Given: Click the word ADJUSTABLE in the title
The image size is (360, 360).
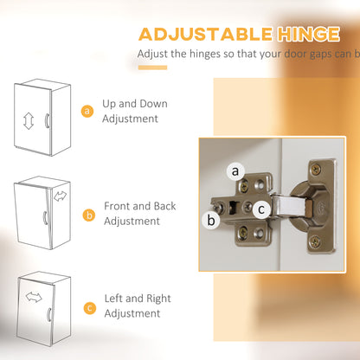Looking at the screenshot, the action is (x=205, y=35).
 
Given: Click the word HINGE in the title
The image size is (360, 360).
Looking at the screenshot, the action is (x=308, y=35).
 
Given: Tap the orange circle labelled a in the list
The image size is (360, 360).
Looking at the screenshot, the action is (x=87, y=111).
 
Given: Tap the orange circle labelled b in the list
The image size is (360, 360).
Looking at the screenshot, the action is (x=89, y=215).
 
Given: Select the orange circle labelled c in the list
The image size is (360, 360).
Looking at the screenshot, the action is (x=90, y=308).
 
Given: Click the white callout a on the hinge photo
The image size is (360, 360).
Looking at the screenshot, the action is (x=235, y=171).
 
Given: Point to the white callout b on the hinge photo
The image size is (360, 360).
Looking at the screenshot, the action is (x=211, y=221).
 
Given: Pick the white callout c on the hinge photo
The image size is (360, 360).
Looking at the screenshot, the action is (x=261, y=209).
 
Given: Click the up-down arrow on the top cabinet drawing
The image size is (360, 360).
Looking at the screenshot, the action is (x=29, y=121).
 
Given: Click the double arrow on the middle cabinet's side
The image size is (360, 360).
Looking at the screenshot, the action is (x=60, y=196).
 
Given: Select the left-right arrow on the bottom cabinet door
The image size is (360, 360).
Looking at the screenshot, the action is (x=34, y=297).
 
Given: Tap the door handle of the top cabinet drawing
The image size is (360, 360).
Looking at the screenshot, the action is (x=47, y=120).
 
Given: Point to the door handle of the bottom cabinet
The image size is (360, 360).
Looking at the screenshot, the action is (x=49, y=315).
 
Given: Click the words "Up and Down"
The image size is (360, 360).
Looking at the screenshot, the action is (x=135, y=104).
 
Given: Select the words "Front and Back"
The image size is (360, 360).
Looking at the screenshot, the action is (x=140, y=206).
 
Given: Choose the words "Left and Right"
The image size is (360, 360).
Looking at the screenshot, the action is (x=138, y=299).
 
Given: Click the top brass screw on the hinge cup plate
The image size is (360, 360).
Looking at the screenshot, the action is (x=317, y=170).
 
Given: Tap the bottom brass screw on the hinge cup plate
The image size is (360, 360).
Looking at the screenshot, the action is (x=315, y=241).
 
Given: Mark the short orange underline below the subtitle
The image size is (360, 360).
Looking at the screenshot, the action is (x=152, y=67).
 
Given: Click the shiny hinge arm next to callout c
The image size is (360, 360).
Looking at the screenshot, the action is (x=290, y=206).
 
